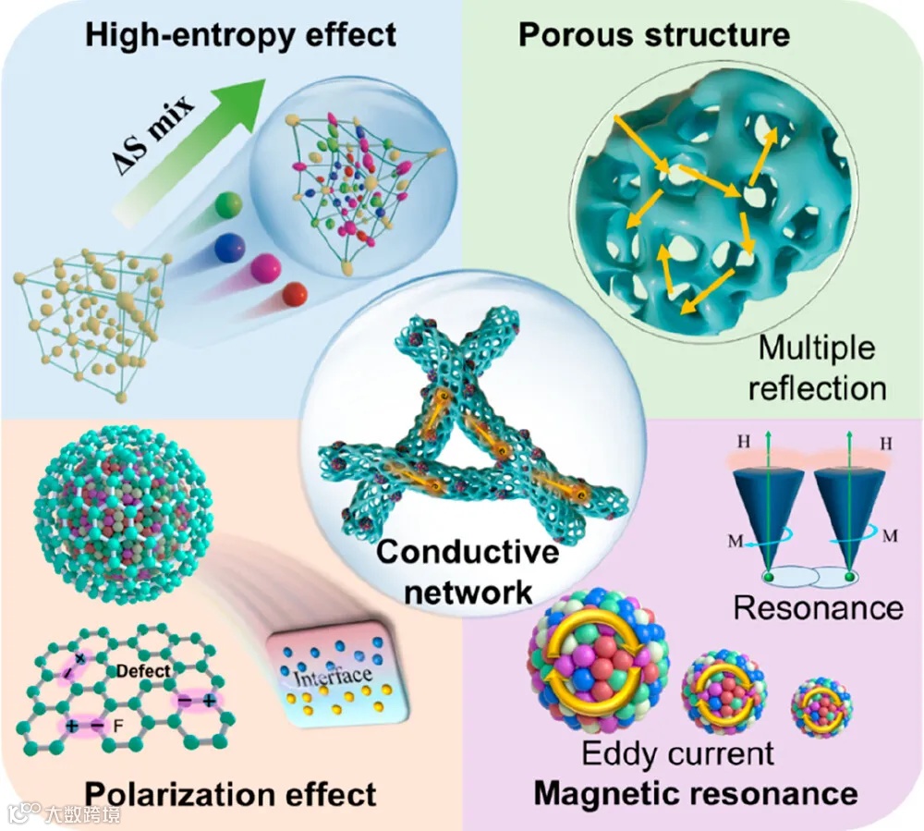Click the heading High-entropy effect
pyautogui.click(x=240, y=35)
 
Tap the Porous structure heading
pyautogui.click(x=654, y=35)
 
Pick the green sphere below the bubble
pyautogui.click(x=227, y=205)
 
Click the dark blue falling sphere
pyautogui.click(x=229, y=248)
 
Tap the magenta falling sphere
pyautogui.click(x=266, y=268)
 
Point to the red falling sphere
pyautogui.click(x=295, y=294)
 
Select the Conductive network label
pyautogui.click(x=468, y=571)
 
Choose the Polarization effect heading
pyautogui.click(x=230, y=794)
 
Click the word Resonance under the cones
pyautogui.click(x=818, y=607)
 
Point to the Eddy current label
pyautogui.click(x=677, y=753)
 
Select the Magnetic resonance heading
pyautogui.click(x=696, y=793)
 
